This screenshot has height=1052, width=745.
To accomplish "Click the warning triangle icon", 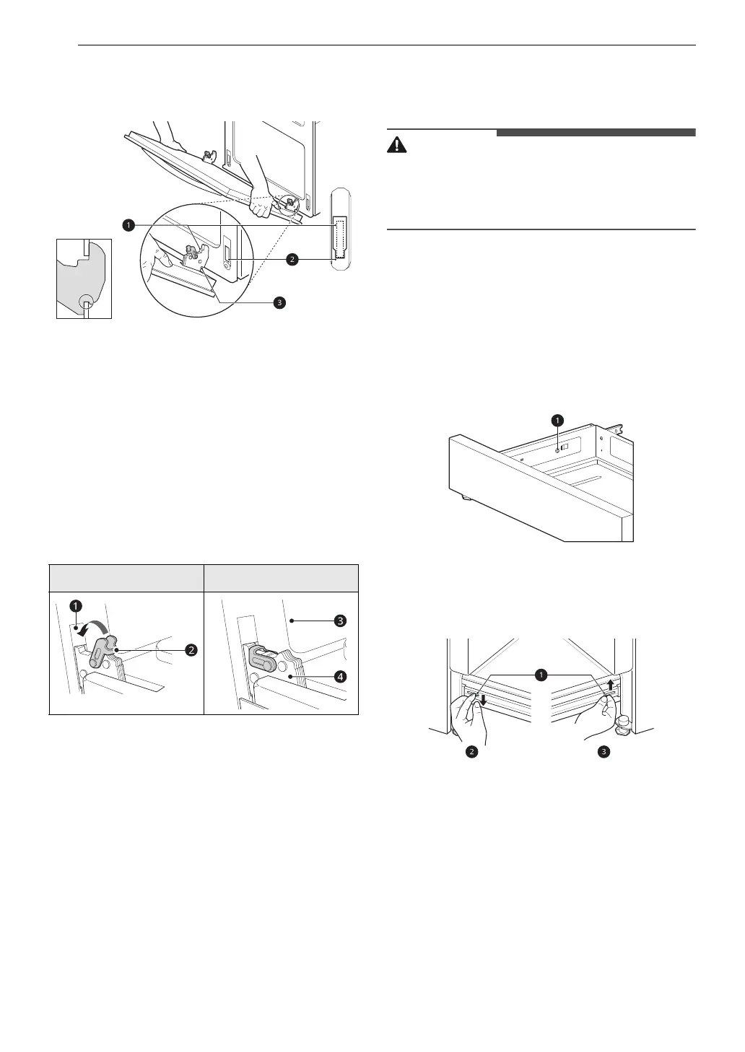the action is pyautogui.click(x=397, y=144).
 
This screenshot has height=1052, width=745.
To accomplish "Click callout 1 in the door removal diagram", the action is pyautogui.click(x=128, y=226).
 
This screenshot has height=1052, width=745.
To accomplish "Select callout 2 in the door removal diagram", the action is pyautogui.click(x=292, y=260).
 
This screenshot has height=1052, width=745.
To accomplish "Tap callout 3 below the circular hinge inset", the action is pyautogui.click(x=279, y=302).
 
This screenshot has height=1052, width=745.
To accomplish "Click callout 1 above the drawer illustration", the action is pyautogui.click(x=557, y=418).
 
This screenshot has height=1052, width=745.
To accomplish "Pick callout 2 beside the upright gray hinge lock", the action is pyautogui.click(x=191, y=649).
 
